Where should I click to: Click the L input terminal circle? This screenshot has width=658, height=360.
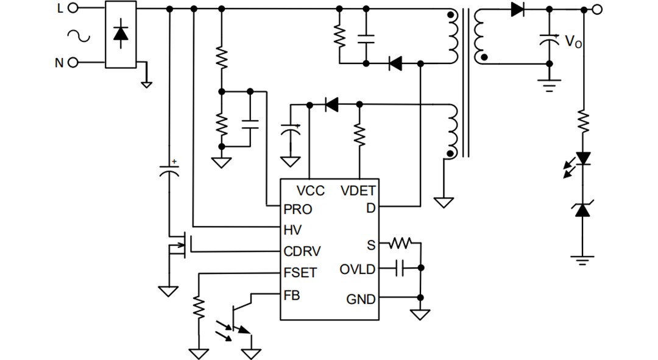[x=73, y=8]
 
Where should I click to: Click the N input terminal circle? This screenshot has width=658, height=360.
[x=73, y=63]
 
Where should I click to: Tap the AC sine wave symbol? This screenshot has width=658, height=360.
[x=79, y=37]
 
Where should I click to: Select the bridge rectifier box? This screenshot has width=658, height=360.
[x=121, y=35]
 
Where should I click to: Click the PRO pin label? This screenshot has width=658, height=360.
[x=298, y=209]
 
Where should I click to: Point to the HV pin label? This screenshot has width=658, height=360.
[x=292, y=230]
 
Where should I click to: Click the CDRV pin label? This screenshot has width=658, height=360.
[x=303, y=252]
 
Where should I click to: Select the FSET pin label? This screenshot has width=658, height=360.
[x=300, y=273]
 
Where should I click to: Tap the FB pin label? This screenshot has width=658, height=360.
[x=292, y=295]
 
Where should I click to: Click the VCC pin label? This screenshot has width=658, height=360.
[x=311, y=191]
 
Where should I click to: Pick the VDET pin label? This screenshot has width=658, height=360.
[x=358, y=191]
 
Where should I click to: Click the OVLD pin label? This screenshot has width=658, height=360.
[x=358, y=269]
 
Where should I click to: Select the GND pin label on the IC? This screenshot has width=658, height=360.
[x=361, y=299]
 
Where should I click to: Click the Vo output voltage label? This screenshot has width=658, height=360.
[x=573, y=42]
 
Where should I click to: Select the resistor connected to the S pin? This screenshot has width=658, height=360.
[x=402, y=244]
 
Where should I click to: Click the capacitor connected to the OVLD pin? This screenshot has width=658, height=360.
[x=400, y=268]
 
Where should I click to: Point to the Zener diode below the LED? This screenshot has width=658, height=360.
[x=584, y=210]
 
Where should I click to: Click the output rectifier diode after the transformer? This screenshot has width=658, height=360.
[x=518, y=9]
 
